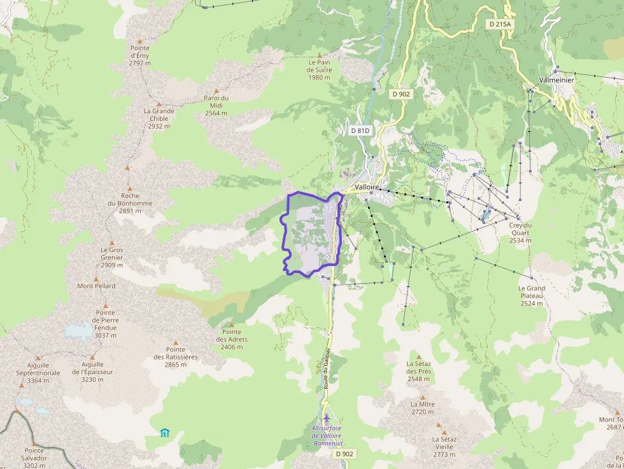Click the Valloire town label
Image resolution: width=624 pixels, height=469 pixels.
(x=367, y=188)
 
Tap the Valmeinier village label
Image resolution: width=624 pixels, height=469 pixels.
(x=556, y=80)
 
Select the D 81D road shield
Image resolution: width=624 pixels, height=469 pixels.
(x=360, y=130)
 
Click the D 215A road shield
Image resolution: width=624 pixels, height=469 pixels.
(x=500, y=24)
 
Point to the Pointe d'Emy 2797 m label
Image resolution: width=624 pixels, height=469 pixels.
(x=139, y=55)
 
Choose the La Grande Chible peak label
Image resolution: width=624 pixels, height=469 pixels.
(x=159, y=118)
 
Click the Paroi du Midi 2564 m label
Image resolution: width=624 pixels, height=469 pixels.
(x=216, y=105)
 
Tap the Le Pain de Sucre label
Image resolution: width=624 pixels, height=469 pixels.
(x=320, y=70)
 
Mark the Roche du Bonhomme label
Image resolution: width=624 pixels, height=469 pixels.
(x=130, y=203)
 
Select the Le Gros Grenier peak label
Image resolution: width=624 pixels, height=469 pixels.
(x=111, y=257)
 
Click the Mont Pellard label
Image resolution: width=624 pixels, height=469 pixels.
(x=96, y=286)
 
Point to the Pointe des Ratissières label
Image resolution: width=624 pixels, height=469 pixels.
(x=176, y=353)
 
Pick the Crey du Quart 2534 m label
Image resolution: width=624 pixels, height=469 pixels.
(x=520, y=232)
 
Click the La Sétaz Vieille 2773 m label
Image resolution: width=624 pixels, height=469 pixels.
(x=443, y=446)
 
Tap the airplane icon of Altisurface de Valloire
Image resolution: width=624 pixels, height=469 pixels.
(x=327, y=418)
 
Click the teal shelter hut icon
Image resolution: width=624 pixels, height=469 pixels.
(x=165, y=433)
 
